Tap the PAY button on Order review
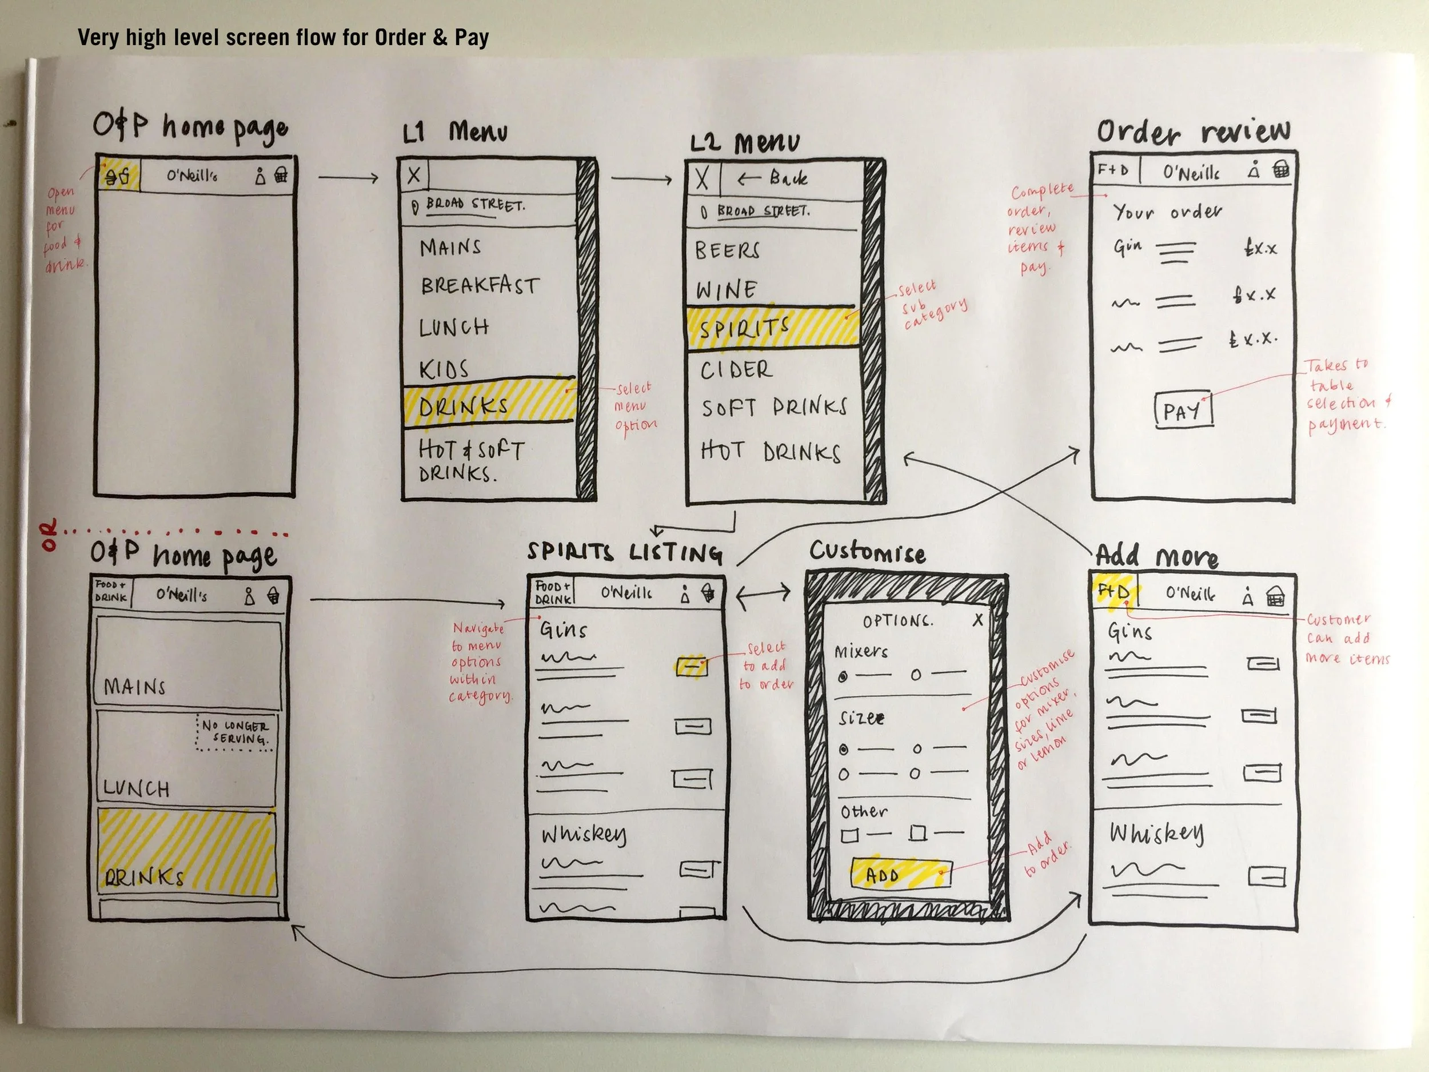pos(1183,410)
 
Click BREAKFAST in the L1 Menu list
pos(480,285)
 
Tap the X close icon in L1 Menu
pos(414,174)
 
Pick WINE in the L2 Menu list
pos(726,290)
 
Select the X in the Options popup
pos(978,619)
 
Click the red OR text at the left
pos(49,535)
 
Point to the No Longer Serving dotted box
pos(234,732)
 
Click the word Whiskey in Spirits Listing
pos(584,834)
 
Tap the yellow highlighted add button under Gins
pos(691,665)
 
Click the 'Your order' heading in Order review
pos(1167,212)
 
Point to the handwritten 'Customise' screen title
pos(868,552)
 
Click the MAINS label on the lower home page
pos(135,686)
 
